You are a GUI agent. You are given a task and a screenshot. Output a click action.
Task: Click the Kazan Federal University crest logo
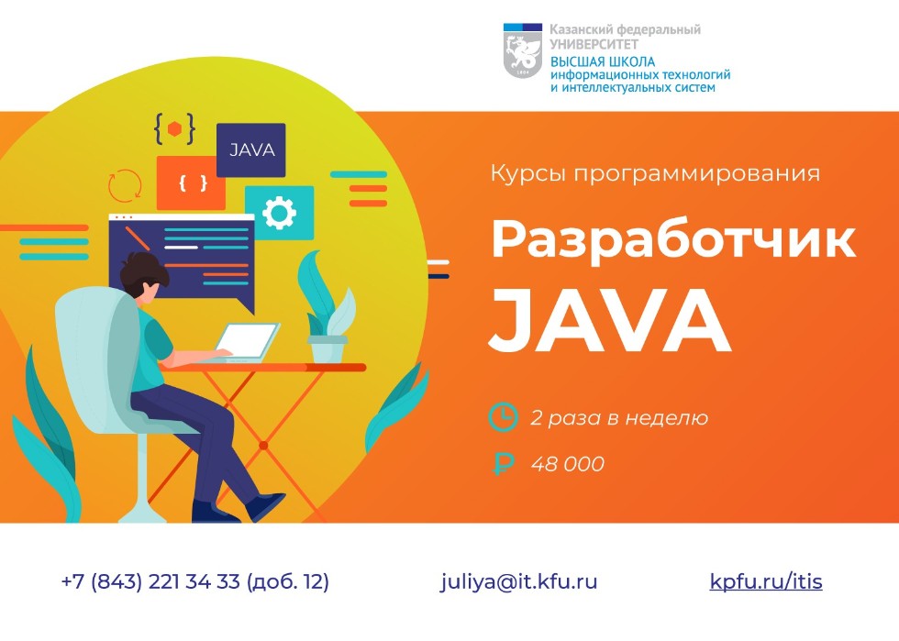522,50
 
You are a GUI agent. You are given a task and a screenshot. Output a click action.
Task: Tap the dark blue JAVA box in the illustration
251,149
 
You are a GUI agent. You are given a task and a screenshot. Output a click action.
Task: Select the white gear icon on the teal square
279,213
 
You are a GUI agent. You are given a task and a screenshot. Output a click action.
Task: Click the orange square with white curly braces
191,182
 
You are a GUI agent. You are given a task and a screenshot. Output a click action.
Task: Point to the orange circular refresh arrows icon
125,186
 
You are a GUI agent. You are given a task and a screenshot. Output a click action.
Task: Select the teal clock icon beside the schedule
503,417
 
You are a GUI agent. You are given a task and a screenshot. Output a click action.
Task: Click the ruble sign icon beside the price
503,463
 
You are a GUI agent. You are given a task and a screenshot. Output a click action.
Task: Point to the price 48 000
568,464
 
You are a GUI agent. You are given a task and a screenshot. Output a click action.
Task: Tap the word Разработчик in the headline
673,241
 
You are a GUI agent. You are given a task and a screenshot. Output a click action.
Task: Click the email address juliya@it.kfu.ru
519,581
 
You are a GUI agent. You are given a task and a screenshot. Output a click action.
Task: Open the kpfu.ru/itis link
766,581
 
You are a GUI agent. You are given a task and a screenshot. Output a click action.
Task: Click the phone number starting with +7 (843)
194,581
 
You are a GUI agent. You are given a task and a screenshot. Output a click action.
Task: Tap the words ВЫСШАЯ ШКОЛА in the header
603,62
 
